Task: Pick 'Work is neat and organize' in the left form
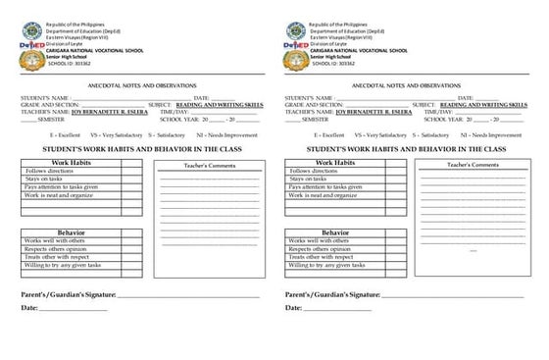point(65,195)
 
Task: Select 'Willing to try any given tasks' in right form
point(332,265)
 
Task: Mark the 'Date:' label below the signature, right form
point(295,308)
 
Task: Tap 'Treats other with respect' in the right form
point(327,257)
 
